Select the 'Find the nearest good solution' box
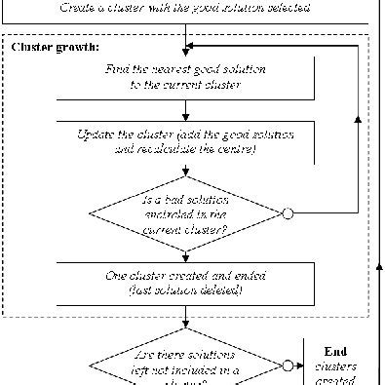point(185,77)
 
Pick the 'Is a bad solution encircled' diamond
point(185,213)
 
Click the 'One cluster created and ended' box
point(185,282)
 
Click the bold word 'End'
point(334,352)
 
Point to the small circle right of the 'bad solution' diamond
point(288,213)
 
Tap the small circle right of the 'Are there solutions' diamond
point(288,366)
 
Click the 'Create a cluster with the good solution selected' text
point(185,8)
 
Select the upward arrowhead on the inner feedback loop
point(358,121)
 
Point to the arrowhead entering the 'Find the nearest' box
point(185,54)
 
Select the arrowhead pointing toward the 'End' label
point(304,366)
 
